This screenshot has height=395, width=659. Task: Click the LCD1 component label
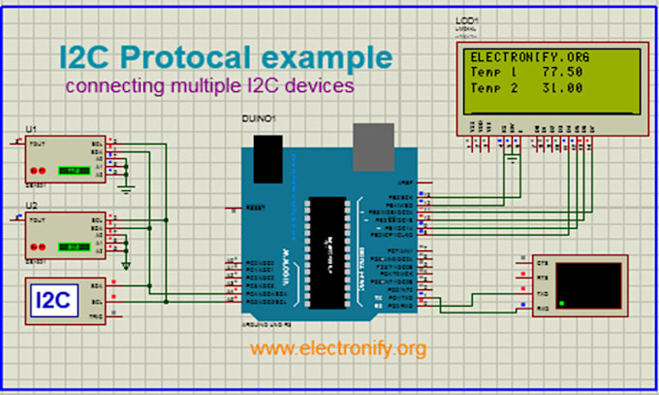click(465, 20)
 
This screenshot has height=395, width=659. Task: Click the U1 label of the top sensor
click(32, 130)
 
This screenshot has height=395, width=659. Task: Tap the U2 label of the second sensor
click(32, 206)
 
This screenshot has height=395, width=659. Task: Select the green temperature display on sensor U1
click(71, 170)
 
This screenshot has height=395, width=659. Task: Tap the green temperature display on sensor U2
click(71, 246)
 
